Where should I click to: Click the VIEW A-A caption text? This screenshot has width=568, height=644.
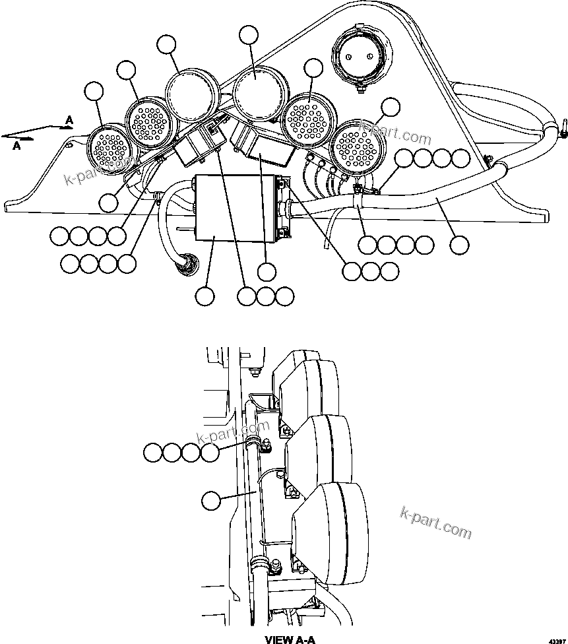coord(291,639)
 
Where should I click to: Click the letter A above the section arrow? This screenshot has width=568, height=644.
coord(69,119)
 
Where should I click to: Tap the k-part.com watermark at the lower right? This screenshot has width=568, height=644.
coord(436,521)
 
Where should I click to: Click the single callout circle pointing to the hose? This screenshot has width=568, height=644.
coord(459,245)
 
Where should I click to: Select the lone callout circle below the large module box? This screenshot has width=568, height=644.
coord(206,296)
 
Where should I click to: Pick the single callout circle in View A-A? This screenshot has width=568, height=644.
coord(211,501)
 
